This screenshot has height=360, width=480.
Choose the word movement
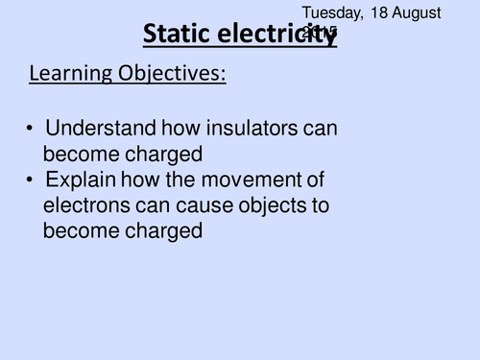pos(251,180)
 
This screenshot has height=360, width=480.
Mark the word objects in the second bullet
pos(274,204)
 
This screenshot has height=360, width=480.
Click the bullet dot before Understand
pos(32,128)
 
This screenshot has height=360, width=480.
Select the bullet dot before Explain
pos(32,180)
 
